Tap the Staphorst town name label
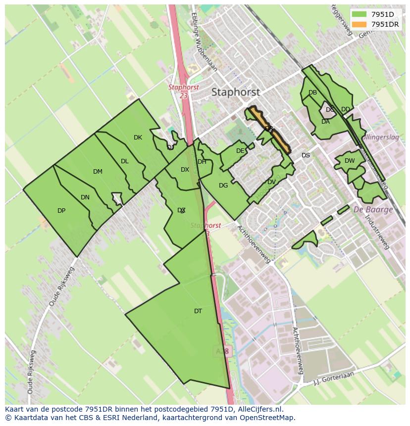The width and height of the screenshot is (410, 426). (235, 92)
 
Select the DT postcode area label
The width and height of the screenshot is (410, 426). (198, 311)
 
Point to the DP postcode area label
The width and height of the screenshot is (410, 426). (61, 211)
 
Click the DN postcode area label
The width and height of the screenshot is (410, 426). (85, 197)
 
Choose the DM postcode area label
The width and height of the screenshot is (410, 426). (98, 172)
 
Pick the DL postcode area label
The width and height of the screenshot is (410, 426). (125, 161)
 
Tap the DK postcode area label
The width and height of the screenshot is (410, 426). (138, 138)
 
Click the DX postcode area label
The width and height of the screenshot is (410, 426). (185, 170)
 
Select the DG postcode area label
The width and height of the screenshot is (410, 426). (223, 186)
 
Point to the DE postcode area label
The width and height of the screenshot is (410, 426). (240, 151)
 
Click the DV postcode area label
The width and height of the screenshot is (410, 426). (271, 182)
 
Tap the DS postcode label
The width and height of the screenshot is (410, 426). (306, 155)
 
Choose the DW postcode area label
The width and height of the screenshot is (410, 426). (350, 161)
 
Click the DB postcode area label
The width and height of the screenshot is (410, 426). (312, 93)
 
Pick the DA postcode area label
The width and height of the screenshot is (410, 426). (325, 122)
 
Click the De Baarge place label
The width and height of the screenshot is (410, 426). (373, 209)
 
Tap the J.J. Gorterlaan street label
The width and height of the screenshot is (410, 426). (335, 379)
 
